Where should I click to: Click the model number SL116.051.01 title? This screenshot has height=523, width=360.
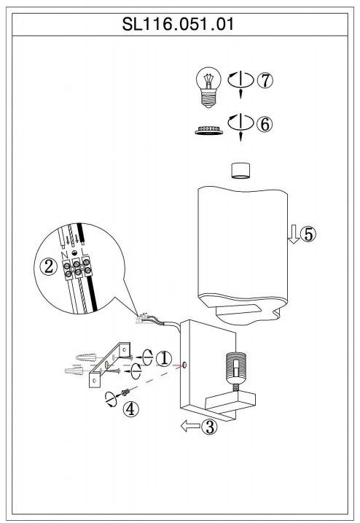click(x=178, y=24)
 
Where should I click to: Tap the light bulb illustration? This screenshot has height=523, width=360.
click(x=208, y=87)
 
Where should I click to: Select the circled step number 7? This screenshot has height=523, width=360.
click(x=265, y=80)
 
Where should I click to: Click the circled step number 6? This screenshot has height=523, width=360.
click(x=265, y=125)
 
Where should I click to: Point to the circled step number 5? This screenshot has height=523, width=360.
click(x=308, y=234)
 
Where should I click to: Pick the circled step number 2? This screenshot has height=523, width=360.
click(x=49, y=266)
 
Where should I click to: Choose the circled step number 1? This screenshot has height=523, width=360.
click(x=164, y=359)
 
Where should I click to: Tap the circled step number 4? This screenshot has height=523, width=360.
click(x=130, y=409)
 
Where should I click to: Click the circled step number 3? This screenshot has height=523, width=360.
click(x=210, y=426)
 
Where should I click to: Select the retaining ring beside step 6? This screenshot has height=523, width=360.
click(x=208, y=130)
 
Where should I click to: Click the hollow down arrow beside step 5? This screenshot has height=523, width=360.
click(x=294, y=234)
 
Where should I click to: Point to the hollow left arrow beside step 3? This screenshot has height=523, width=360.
click(x=190, y=425)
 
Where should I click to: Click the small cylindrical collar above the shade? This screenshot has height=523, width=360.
click(x=240, y=171)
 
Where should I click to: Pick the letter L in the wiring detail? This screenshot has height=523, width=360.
click(x=85, y=258)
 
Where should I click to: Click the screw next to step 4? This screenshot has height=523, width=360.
click(x=125, y=392)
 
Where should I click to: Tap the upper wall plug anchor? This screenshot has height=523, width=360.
click(x=86, y=357)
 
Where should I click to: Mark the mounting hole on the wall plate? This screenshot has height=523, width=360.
click(x=184, y=365)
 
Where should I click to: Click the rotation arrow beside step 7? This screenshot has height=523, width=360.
click(x=240, y=80)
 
